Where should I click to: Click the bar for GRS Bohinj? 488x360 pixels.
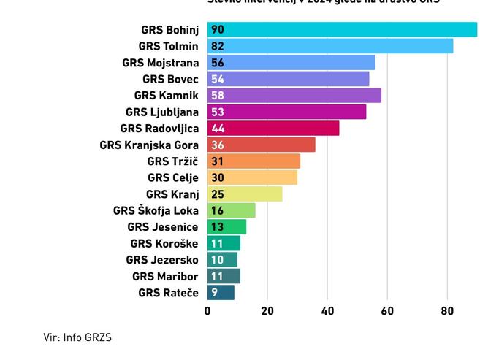[x=342, y=30]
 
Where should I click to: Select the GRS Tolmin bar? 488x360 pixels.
[x=330, y=46]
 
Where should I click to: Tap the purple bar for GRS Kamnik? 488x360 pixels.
[x=294, y=96]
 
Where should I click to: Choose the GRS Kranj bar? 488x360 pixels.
[x=245, y=194]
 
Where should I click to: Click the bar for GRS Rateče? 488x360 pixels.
[x=221, y=293]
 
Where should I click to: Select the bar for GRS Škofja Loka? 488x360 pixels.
[x=232, y=210]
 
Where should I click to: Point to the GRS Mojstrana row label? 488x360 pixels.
[x=160, y=63]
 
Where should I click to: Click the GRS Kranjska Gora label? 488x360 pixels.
[x=149, y=145]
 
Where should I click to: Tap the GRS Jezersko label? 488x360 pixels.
[x=161, y=260]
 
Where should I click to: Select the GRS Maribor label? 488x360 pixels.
[x=165, y=277]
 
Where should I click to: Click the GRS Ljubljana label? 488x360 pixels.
[x=161, y=112]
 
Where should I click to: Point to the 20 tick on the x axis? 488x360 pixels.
[x=267, y=311]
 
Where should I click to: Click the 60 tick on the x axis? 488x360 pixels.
[x=387, y=311]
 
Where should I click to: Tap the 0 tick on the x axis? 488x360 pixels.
[x=207, y=311]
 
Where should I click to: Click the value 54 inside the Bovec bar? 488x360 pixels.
[x=218, y=79]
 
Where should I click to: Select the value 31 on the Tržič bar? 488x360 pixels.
[x=217, y=161]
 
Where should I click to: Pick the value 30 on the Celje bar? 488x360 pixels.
[x=218, y=177]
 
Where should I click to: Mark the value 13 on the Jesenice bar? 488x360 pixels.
[x=217, y=227]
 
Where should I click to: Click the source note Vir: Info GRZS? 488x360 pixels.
[x=77, y=337]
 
